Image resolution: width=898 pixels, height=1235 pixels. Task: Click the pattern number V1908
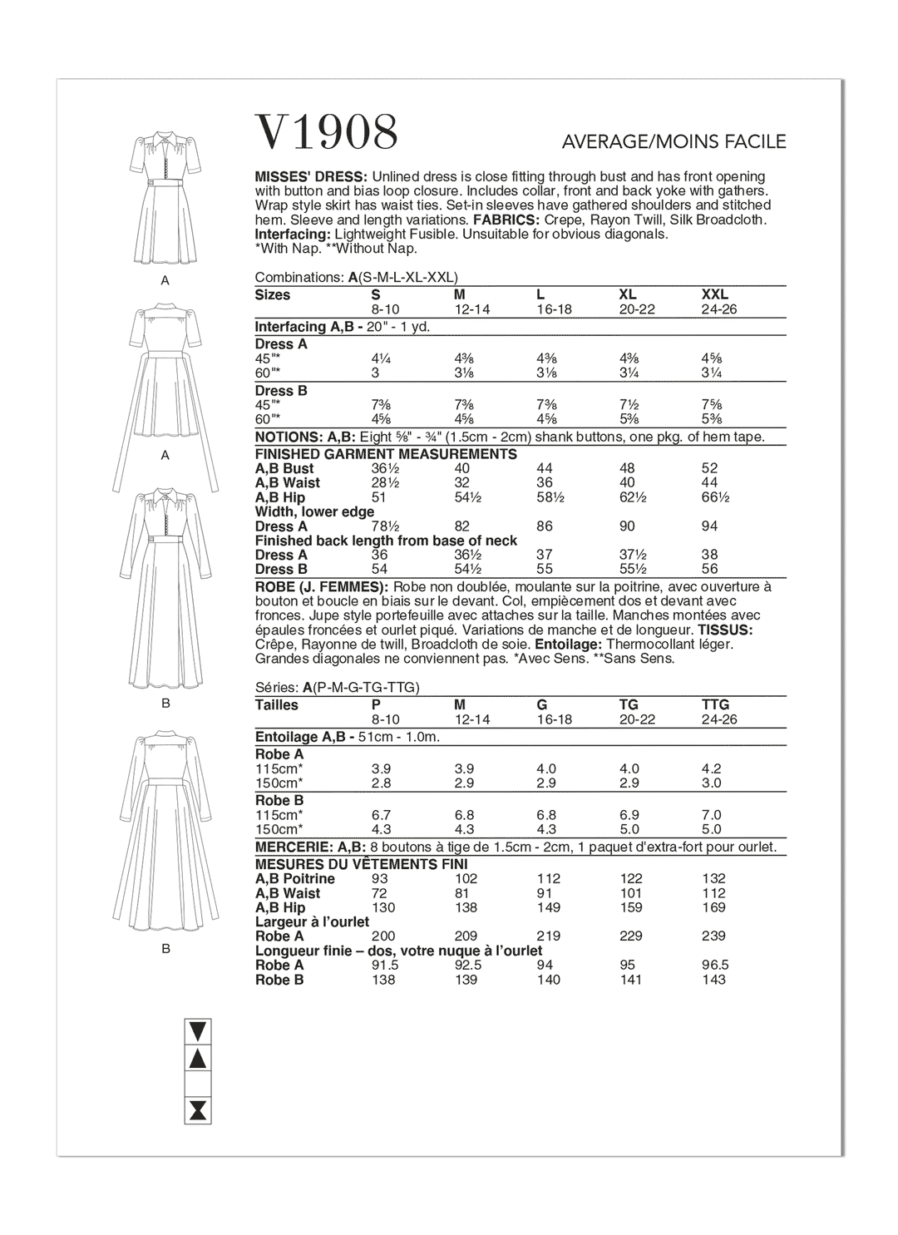point(326,133)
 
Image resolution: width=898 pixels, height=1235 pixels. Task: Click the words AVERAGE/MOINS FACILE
point(673,142)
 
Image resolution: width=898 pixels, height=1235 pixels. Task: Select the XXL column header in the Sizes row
point(715,295)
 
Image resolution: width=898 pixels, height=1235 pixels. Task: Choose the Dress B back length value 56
point(709,570)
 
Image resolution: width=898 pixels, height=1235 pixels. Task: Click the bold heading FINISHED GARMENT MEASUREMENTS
point(386,454)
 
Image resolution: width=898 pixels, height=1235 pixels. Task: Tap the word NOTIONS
point(283,437)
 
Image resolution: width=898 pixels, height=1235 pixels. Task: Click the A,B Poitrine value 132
point(713,879)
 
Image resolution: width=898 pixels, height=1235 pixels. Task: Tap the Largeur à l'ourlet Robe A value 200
point(383,936)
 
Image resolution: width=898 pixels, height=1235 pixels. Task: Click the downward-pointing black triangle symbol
point(198,1031)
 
